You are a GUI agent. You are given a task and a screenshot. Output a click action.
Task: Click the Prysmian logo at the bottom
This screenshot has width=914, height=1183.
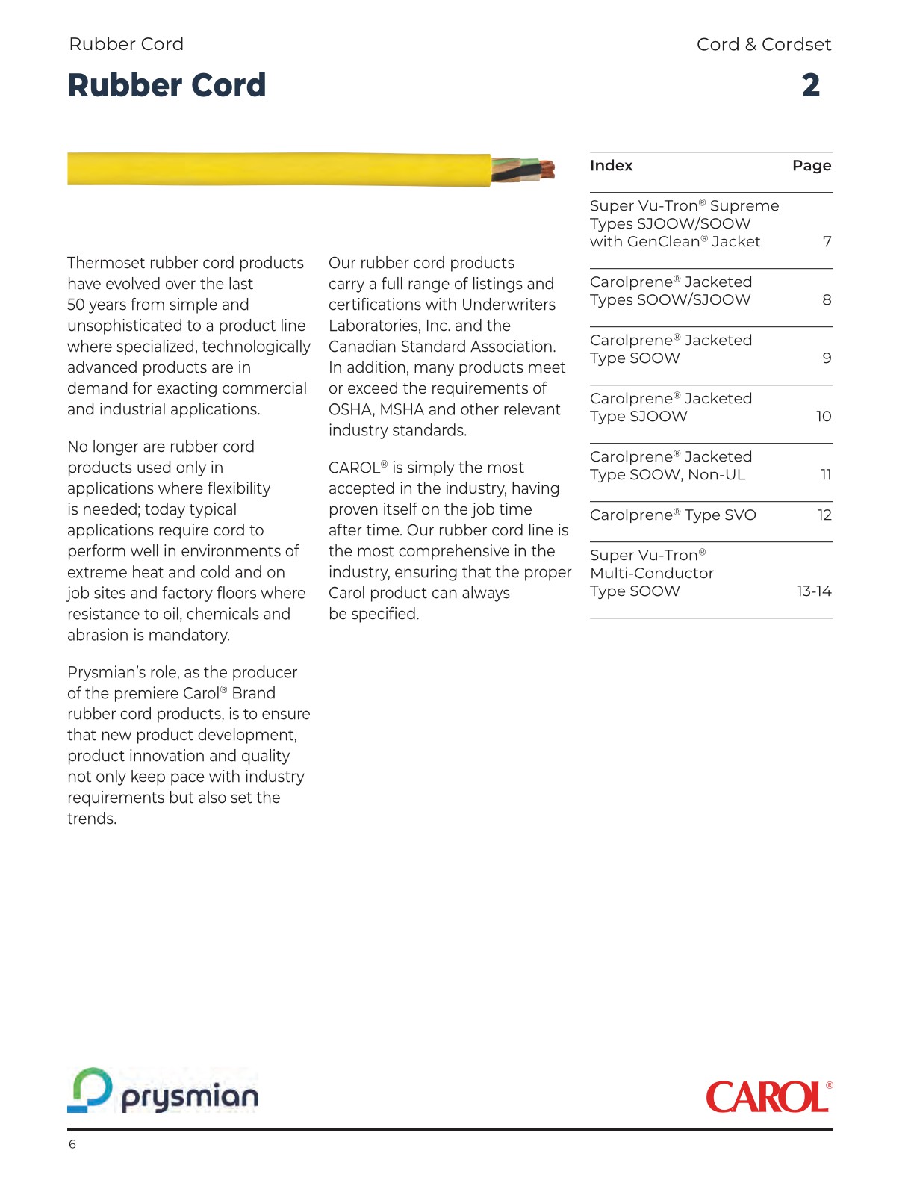(x=164, y=1091)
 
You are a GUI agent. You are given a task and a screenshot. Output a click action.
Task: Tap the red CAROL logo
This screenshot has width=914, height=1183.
(x=768, y=1097)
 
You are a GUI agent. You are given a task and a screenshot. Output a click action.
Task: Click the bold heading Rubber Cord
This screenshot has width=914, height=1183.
(x=167, y=85)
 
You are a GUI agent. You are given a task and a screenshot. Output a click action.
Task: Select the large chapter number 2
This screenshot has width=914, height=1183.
(x=811, y=85)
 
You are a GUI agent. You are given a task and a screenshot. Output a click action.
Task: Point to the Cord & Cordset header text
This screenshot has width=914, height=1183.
(x=763, y=45)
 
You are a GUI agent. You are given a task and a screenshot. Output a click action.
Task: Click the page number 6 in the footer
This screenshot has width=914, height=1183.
(x=72, y=1144)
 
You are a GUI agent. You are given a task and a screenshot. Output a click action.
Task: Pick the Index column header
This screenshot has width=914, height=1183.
(x=611, y=166)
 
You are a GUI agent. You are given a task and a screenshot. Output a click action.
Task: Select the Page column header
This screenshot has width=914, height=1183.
(x=812, y=166)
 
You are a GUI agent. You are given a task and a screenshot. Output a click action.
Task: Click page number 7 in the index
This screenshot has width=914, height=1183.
(x=827, y=242)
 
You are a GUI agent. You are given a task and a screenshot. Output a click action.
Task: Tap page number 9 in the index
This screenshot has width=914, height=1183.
(x=827, y=358)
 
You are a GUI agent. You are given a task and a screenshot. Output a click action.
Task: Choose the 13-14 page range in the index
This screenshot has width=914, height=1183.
(x=814, y=591)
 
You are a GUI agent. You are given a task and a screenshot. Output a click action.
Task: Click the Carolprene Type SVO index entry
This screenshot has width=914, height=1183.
(x=673, y=515)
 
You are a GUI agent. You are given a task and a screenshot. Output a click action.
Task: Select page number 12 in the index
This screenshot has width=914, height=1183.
(x=824, y=515)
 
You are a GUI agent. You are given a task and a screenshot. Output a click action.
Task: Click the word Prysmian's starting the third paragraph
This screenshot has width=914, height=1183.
(x=107, y=673)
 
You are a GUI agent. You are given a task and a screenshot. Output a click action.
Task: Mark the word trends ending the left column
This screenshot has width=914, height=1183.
(x=91, y=819)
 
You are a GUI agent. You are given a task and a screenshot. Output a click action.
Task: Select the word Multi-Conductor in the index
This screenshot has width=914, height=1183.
(x=652, y=574)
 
